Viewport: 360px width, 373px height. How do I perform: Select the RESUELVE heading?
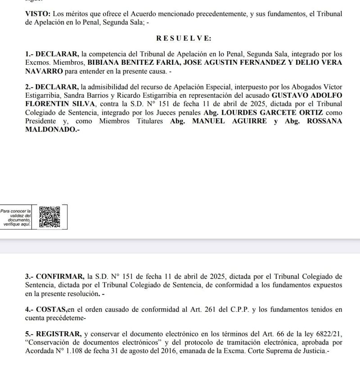click(x=184, y=39)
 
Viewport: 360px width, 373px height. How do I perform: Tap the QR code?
click(x=49, y=216)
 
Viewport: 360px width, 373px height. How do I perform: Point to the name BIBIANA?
click(x=104, y=62)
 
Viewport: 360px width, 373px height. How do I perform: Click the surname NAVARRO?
click(x=44, y=71)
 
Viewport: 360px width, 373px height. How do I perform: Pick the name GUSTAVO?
click(x=291, y=95)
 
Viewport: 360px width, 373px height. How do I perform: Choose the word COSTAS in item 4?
click(x=51, y=309)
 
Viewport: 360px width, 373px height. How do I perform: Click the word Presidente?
click(x=40, y=121)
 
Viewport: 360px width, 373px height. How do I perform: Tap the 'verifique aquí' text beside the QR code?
click(x=16, y=224)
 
